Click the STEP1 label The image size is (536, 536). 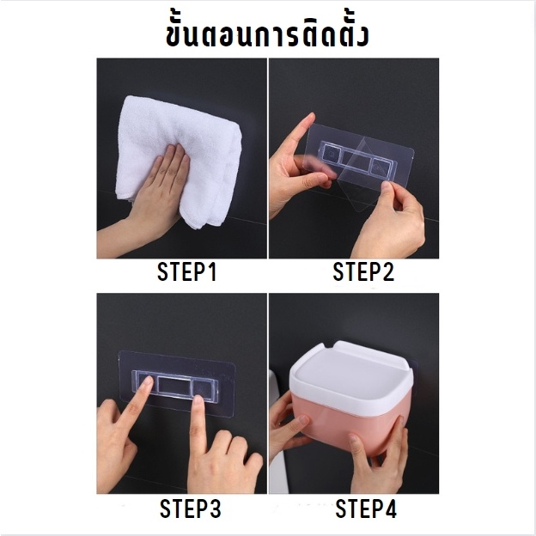186,271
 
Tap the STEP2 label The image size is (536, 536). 363,271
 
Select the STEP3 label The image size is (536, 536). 191,509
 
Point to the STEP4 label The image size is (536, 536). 366,509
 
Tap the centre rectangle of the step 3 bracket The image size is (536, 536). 175,386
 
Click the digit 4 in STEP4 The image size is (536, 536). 390,509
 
